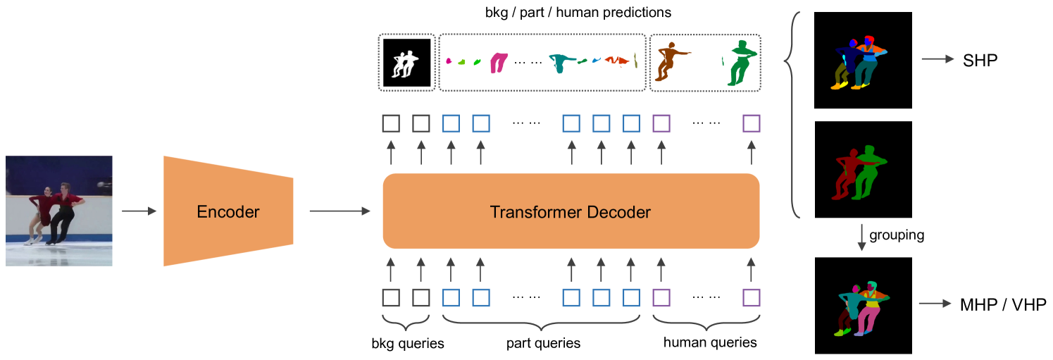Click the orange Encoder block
(228, 211)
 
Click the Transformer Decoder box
(571, 211)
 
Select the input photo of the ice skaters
(59, 211)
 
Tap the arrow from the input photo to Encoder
(139, 211)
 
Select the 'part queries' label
(543, 343)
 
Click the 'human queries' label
(710, 342)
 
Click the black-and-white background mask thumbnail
(406, 63)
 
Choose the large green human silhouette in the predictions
(740, 63)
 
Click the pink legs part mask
(499, 63)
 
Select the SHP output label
(980, 61)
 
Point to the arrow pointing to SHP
(937, 61)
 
